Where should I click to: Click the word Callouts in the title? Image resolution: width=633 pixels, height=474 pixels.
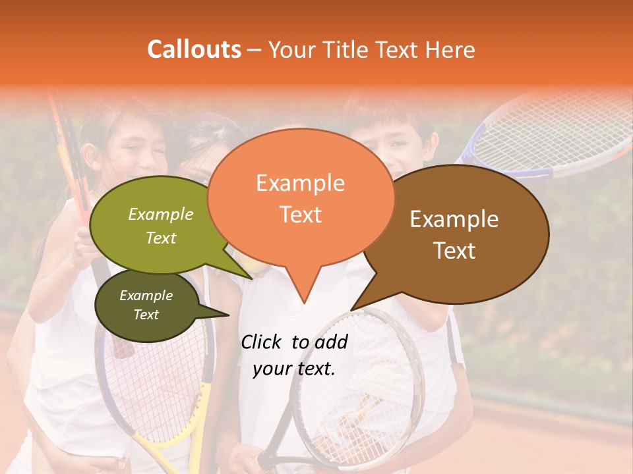point(194,49)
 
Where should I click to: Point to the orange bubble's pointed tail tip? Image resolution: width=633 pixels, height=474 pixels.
point(304,303)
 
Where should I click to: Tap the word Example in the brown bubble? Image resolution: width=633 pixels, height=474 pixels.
point(454,219)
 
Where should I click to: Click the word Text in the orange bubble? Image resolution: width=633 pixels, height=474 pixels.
point(300,215)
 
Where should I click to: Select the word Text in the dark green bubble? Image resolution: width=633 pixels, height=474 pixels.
point(146,315)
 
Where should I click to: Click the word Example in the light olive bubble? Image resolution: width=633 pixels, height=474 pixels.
point(161,214)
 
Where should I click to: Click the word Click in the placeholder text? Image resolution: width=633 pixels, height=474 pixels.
point(262,342)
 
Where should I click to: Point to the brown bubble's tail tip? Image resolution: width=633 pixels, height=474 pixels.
point(352,309)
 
